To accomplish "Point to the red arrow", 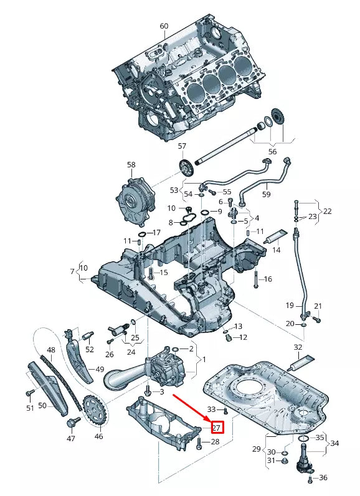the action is click(x=191, y=408).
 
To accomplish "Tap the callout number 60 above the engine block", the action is click(x=164, y=26).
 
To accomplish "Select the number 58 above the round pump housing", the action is click(x=131, y=165).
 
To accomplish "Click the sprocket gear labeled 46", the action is click(x=95, y=411).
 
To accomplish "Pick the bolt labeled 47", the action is click(x=72, y=422).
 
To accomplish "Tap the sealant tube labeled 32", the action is click(x=301, y=363).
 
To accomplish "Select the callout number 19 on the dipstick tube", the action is click(x=290, y=306).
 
